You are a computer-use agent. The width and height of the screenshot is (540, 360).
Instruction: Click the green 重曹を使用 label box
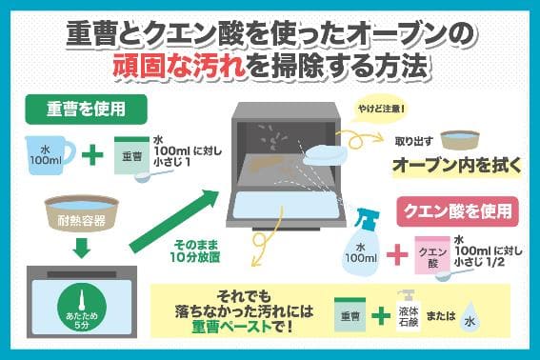tap(86, 110)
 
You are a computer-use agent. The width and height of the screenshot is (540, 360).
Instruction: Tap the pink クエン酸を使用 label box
tap(458, 211)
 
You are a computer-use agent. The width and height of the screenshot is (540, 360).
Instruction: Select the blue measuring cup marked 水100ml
tap(49, 155)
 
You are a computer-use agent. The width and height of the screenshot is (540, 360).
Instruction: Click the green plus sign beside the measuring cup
tap(92, 155)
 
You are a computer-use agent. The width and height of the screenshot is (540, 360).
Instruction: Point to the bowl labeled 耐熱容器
tap(82, 213)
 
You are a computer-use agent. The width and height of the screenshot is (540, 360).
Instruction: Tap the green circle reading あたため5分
tap(82, 308)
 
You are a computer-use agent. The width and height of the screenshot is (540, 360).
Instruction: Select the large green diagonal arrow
tap(174, 221)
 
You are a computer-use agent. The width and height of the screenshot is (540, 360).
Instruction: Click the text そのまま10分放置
tap(195, 250)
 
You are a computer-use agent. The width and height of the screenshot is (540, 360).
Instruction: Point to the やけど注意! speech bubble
tap(381, 110)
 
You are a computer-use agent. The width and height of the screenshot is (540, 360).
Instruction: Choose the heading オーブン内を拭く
tap(457, 166)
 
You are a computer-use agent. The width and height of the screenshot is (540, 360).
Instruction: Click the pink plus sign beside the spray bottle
tap(397, 255)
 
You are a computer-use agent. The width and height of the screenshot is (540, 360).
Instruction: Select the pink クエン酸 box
tap(432, 255)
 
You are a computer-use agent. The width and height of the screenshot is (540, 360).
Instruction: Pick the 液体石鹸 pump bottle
tap(409, 311)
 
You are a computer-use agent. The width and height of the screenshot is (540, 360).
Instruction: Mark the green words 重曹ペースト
tap(231, 327)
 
